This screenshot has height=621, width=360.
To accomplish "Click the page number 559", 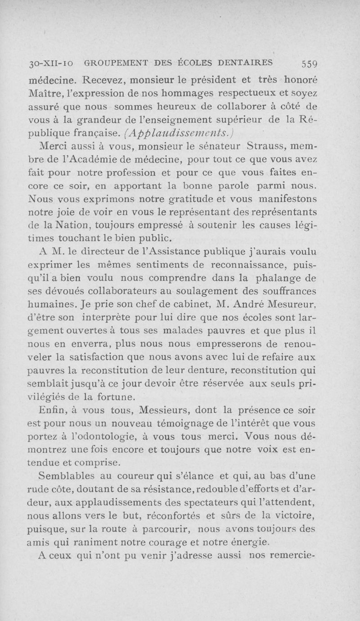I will point(309,63).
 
